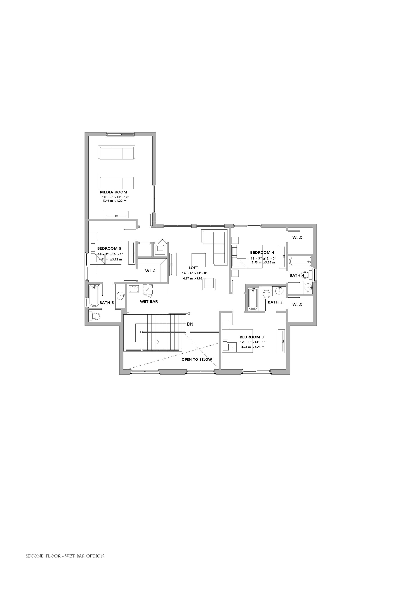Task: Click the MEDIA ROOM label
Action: click(x=114, y=192)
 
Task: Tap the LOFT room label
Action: click(x=193, y=268)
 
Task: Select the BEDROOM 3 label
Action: click(x=252, y=337)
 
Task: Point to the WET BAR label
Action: click(x=149, y=301)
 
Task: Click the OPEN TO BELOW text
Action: click(x=197, y=360)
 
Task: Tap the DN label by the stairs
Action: click(x=190, y=324)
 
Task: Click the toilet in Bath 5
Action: click(x=94, y=316)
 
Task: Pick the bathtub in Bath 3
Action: click(x=253, y=299)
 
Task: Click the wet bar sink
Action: click(x=134, y=289)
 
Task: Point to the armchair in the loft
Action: click(x=209, y=284)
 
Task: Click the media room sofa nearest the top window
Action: click(x=116, y=152)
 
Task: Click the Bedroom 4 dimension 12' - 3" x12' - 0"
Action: click(x=263, y=258)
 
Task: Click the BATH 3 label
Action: click(x=275, y=302)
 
